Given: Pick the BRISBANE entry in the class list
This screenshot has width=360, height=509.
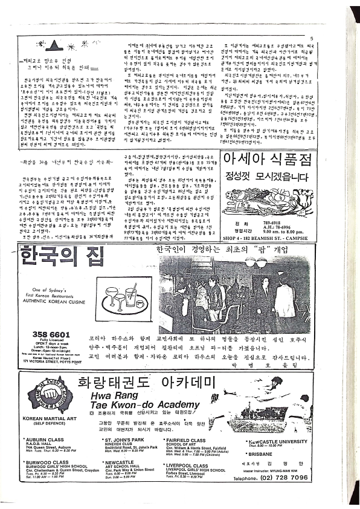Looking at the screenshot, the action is (x=263, y=454).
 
